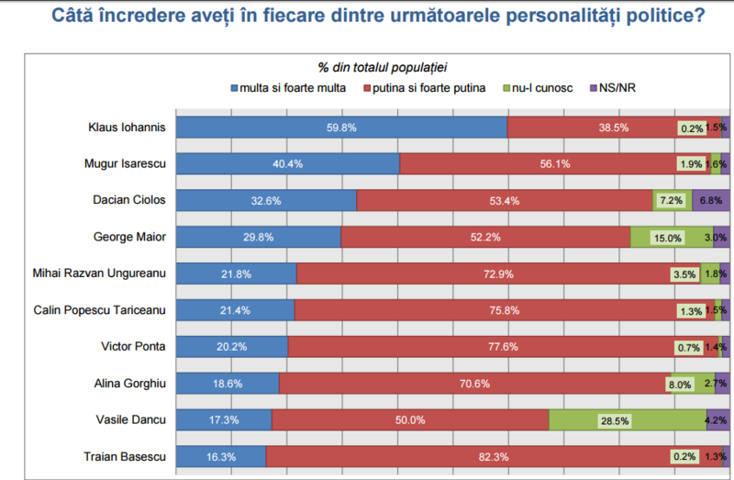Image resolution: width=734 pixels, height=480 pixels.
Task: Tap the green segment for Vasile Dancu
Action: (627, 419)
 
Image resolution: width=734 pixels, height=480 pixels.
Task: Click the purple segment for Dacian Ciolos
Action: (710, 200)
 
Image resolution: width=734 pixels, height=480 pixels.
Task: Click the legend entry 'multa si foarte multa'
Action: (289, 87)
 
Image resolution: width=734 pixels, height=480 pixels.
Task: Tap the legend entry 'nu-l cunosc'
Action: (544, 87)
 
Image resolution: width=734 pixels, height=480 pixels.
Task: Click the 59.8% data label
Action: (341, 128)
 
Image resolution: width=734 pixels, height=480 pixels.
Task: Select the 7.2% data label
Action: (669, 200)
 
